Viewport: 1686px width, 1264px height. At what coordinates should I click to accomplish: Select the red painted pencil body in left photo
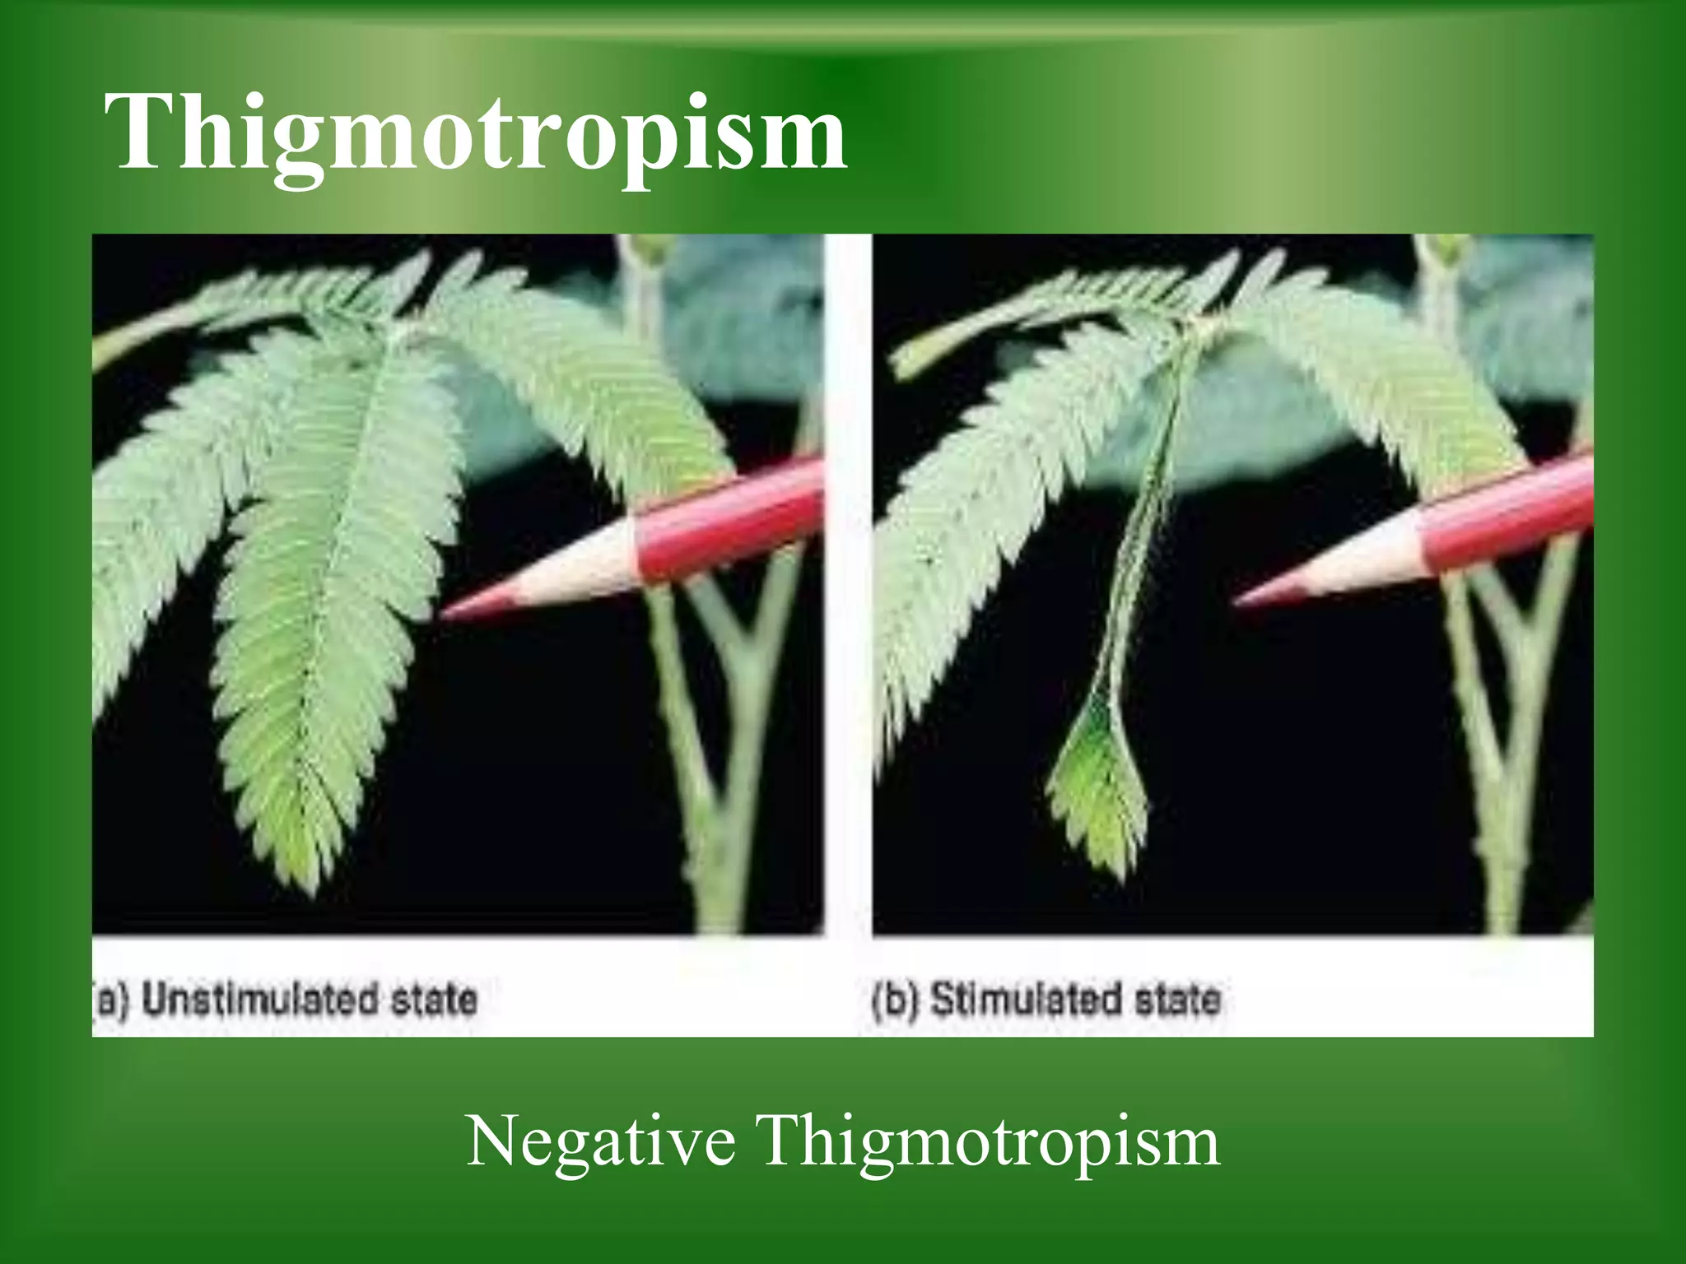tap(724, 523)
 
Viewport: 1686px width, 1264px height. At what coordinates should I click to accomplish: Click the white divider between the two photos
tap(848, 576)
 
